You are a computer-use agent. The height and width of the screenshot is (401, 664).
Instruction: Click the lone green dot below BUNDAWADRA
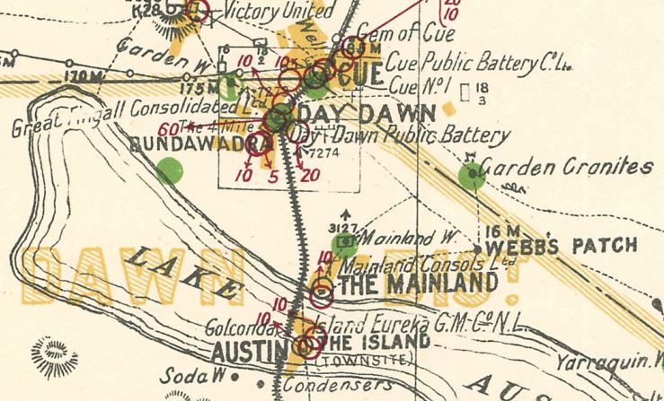tap(168, 170)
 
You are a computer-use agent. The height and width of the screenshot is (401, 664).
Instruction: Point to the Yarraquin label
tap(604, 363)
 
